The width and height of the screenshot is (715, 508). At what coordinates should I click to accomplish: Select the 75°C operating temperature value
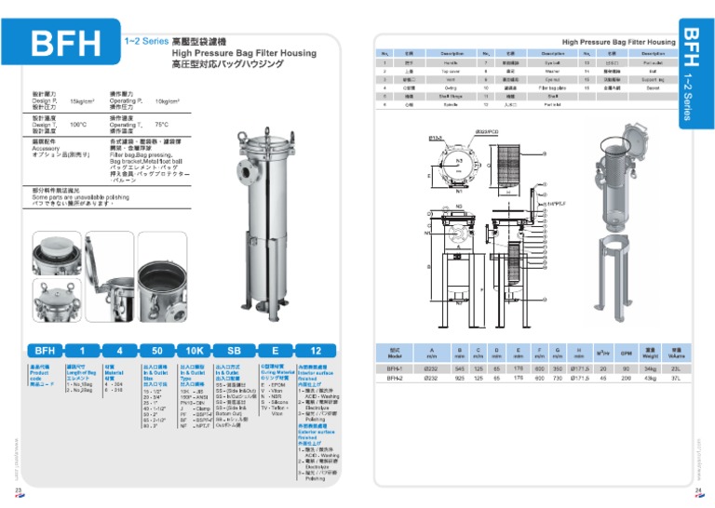pyautogui.click(x=161, y=125)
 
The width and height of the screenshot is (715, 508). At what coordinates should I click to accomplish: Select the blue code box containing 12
pyautogui.click(x=316, y=351)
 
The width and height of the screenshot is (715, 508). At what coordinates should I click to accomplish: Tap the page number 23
pyautogui.click(x=18, y=489)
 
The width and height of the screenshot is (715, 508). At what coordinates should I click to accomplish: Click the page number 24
pyautogui.click(x=698, y=489)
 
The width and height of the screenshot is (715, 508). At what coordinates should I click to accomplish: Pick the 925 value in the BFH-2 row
pyautogui.click(x=459, y=379)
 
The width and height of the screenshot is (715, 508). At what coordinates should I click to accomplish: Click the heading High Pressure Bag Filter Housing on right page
pyautogui.click(x=619, y=42)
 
